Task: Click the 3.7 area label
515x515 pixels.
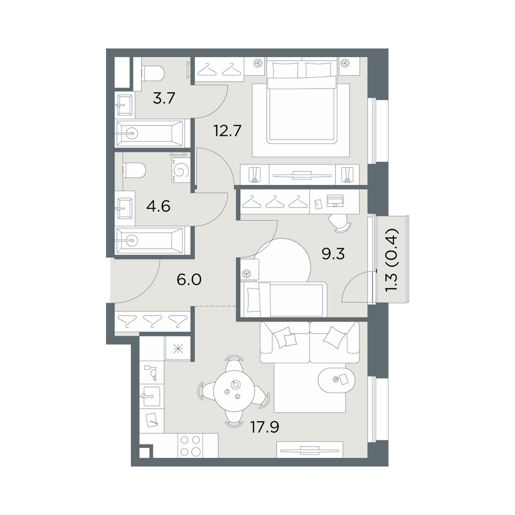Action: point(164,98)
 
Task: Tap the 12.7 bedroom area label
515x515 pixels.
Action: point(228,131)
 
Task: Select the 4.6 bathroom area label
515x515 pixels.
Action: point(159,207)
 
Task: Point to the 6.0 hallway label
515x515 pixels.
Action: point(189,280)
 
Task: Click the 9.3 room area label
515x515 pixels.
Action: point(333,254)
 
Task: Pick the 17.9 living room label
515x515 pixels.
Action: point(265,427)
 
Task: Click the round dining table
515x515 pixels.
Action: point(233,390)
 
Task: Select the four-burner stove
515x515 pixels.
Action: point(191,445)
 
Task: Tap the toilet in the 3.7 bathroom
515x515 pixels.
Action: point(152,73)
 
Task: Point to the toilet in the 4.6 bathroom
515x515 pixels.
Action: point(134,170)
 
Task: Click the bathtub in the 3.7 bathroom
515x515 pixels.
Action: point(150,133)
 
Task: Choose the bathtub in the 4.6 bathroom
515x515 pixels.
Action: point(149,240)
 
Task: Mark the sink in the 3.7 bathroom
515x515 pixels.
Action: point(125,105)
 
